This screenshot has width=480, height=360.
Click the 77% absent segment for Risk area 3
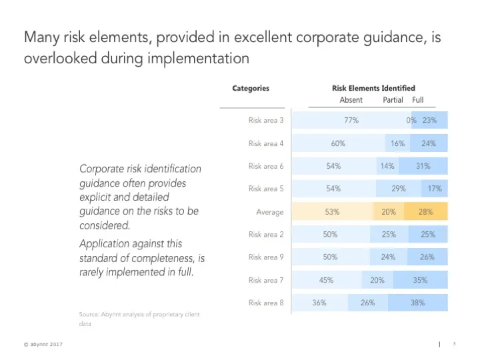tap(351, 121)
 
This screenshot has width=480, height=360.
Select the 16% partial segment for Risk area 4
tap(398, 143)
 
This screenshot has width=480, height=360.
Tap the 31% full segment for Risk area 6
tap(423, 166)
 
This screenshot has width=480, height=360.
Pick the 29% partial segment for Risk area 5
tap(399, 189)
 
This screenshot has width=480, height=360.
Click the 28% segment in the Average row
tap(425, 212)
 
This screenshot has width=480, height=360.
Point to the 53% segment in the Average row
tap(332, 212)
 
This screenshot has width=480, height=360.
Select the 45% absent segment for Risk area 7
tap(327, 280)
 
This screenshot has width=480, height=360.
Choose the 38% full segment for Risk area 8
tap(418, 303)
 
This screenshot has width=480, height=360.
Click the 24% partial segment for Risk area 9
tap(389, 257)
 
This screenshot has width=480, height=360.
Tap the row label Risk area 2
tap(266, 235)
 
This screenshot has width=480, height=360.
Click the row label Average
tap(270, 212)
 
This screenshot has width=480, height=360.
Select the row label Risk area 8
tap(266, 303)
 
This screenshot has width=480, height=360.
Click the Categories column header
tap(251, 88)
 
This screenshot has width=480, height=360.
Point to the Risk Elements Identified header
tap(373, 88)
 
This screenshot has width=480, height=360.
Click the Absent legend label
tap(351, 100)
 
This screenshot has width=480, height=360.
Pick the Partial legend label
tap(393, 100)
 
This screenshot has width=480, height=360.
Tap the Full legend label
tap(418, 100)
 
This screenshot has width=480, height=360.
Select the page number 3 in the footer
tap(453, 344)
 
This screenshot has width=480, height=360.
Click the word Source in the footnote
tap(89, 314)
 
